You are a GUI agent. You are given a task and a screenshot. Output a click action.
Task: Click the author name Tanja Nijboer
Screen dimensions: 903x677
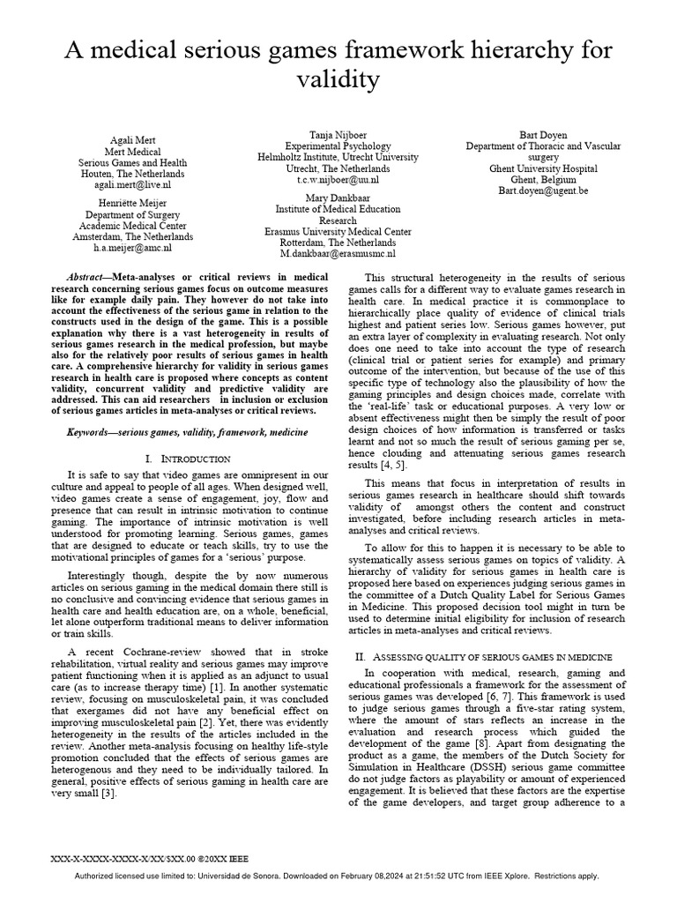pos(338,133)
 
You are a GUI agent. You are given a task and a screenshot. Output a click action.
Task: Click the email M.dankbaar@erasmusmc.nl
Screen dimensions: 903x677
pos(338,254)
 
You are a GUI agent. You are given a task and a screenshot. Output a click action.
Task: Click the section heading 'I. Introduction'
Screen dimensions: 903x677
pos(187,459)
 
